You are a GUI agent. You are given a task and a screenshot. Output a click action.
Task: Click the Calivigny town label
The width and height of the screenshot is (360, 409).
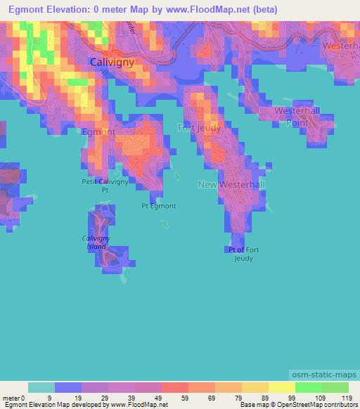[x=112, y=62]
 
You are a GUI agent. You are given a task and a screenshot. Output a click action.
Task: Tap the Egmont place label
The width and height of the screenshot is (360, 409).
[x=98, y=131]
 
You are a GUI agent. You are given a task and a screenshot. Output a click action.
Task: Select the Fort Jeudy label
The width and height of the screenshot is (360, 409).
[x=199, y=128]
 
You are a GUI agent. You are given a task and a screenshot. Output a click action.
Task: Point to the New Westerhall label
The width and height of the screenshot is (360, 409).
[x=231, y=184]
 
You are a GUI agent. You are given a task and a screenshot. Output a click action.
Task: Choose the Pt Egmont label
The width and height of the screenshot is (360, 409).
[x=158, y=206]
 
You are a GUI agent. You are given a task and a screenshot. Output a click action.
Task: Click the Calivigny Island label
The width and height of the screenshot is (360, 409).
[x=96, y=242]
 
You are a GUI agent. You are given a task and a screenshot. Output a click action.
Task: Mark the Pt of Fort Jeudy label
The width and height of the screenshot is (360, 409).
[x=244, y=254]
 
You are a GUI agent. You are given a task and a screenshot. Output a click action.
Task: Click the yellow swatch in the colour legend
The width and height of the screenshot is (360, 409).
[x=282, y=387]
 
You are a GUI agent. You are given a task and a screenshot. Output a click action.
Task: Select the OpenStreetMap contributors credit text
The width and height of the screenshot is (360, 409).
[x=319, y=405]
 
